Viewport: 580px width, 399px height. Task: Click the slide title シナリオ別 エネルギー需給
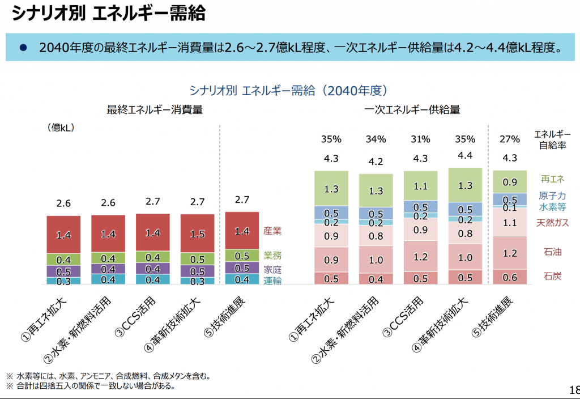tap(108, 14)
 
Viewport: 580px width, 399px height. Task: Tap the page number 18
tap(573, 390)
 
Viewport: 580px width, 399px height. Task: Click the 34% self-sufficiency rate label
tap(376, 139)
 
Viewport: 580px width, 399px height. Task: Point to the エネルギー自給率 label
tap(552, 139)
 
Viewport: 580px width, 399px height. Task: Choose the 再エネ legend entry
tap(553, 179)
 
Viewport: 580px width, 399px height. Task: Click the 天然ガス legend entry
tap(553, 223)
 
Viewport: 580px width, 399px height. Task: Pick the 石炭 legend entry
tap(553, 277)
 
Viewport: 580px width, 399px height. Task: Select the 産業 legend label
tap(272, 231)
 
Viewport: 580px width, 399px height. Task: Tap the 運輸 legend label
tap(272, 281)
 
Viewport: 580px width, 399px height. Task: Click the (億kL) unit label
tap(61, 128)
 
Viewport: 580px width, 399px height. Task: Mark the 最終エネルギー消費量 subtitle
tap(155, 110)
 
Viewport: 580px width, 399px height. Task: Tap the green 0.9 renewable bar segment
tap(510, 182)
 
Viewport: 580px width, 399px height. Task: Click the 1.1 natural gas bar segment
tap(510, 223)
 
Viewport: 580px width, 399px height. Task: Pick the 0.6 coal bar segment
tap(510, 277)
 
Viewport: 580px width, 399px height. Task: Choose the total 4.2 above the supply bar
tap(376, 162)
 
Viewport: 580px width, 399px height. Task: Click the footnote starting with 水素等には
tap(108, 376)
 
